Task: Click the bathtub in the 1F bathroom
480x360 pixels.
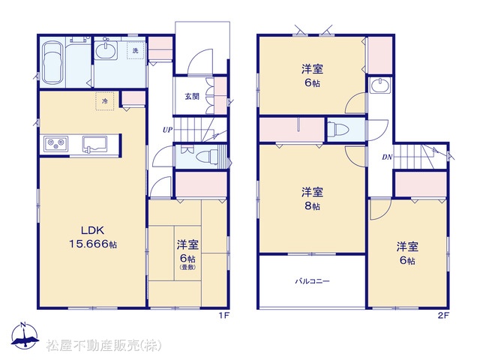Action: pyautogui.click(x=52, y=63)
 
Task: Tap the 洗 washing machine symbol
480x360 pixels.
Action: pyautogui.click(x=136, y=50)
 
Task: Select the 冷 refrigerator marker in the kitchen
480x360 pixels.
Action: pyautogui.click(x=105, y=101)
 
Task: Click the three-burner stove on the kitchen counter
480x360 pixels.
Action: pyautogui.click(x=55, y=143)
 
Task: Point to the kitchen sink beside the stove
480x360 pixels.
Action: pyautogui.click(x=94, y=144)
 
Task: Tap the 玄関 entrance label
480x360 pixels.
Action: pyautogui.click(x=192, y=97)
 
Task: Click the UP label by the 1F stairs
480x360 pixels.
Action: pyautogui.click(x=167, y=130)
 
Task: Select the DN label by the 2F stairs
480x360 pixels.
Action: pyautogui.click(x=387, y=157)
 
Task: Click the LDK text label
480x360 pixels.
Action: pyautogui.click(x=93, y=230)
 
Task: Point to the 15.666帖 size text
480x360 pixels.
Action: pyautogui.click(x=93, y=244)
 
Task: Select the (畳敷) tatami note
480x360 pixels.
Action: pyautogui.click(x=187, y=267)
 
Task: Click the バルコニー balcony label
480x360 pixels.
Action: pyautogui.click(x=312, y=280)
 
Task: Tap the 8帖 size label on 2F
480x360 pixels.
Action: pyautogui.click(x=312, y=206)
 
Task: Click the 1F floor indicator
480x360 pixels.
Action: pyautogui.click(x=224, y=316)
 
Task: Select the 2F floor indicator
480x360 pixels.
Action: pyautogui.click(x=443, y=316)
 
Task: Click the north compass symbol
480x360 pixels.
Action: pyautogui.click(x=25, y=335)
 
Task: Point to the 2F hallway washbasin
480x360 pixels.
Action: pyautogui.click(x=380, y=85)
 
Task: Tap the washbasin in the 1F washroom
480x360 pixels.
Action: pyautogui.click(x=106, y=50)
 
